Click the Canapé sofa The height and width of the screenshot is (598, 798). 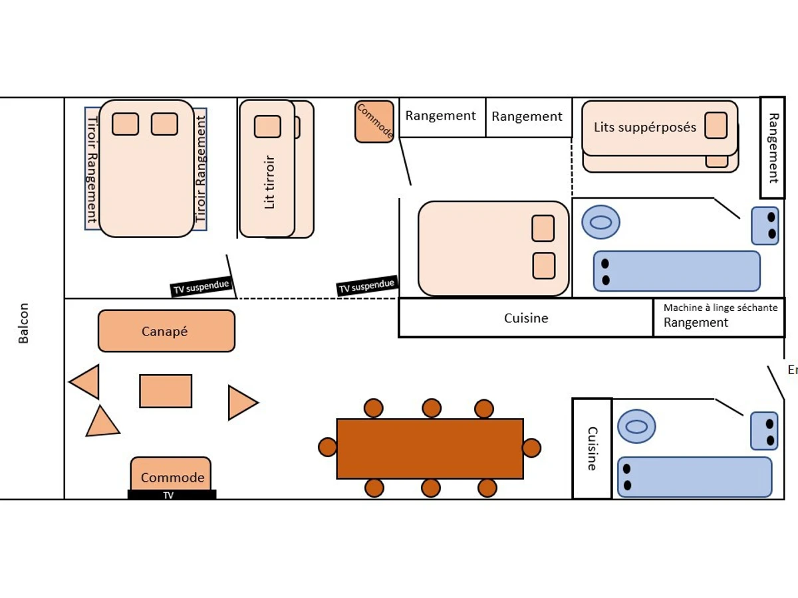coord(166,331)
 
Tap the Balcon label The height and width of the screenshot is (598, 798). coord(24,324)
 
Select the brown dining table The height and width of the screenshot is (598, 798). coord(430,448)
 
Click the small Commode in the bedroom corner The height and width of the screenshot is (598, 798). coord(374,122)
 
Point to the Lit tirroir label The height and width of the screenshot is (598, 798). coord(269,182)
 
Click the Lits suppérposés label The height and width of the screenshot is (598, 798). coord(644,127)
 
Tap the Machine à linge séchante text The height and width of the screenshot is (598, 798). coord(720,308)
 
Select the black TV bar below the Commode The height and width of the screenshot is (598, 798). coord(172,495)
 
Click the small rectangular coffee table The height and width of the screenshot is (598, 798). coord(166,391)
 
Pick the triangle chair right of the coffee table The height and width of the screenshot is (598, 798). coord(241,403)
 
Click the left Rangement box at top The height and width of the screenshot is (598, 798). coord(442,117)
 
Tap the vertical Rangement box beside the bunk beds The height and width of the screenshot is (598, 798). coord(773,148)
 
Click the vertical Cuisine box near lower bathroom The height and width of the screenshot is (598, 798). coord(592,448)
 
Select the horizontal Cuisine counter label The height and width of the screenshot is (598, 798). coord(526,318)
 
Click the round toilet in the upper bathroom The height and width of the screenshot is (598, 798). coord(600,223)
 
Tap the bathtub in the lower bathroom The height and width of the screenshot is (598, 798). coord(694,477)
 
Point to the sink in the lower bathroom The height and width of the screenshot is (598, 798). coord(764,431)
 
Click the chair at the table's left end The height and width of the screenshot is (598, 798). coord(328,447)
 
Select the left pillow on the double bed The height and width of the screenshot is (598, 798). coord(125,124)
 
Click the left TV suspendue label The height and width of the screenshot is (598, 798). coord(201,287)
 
